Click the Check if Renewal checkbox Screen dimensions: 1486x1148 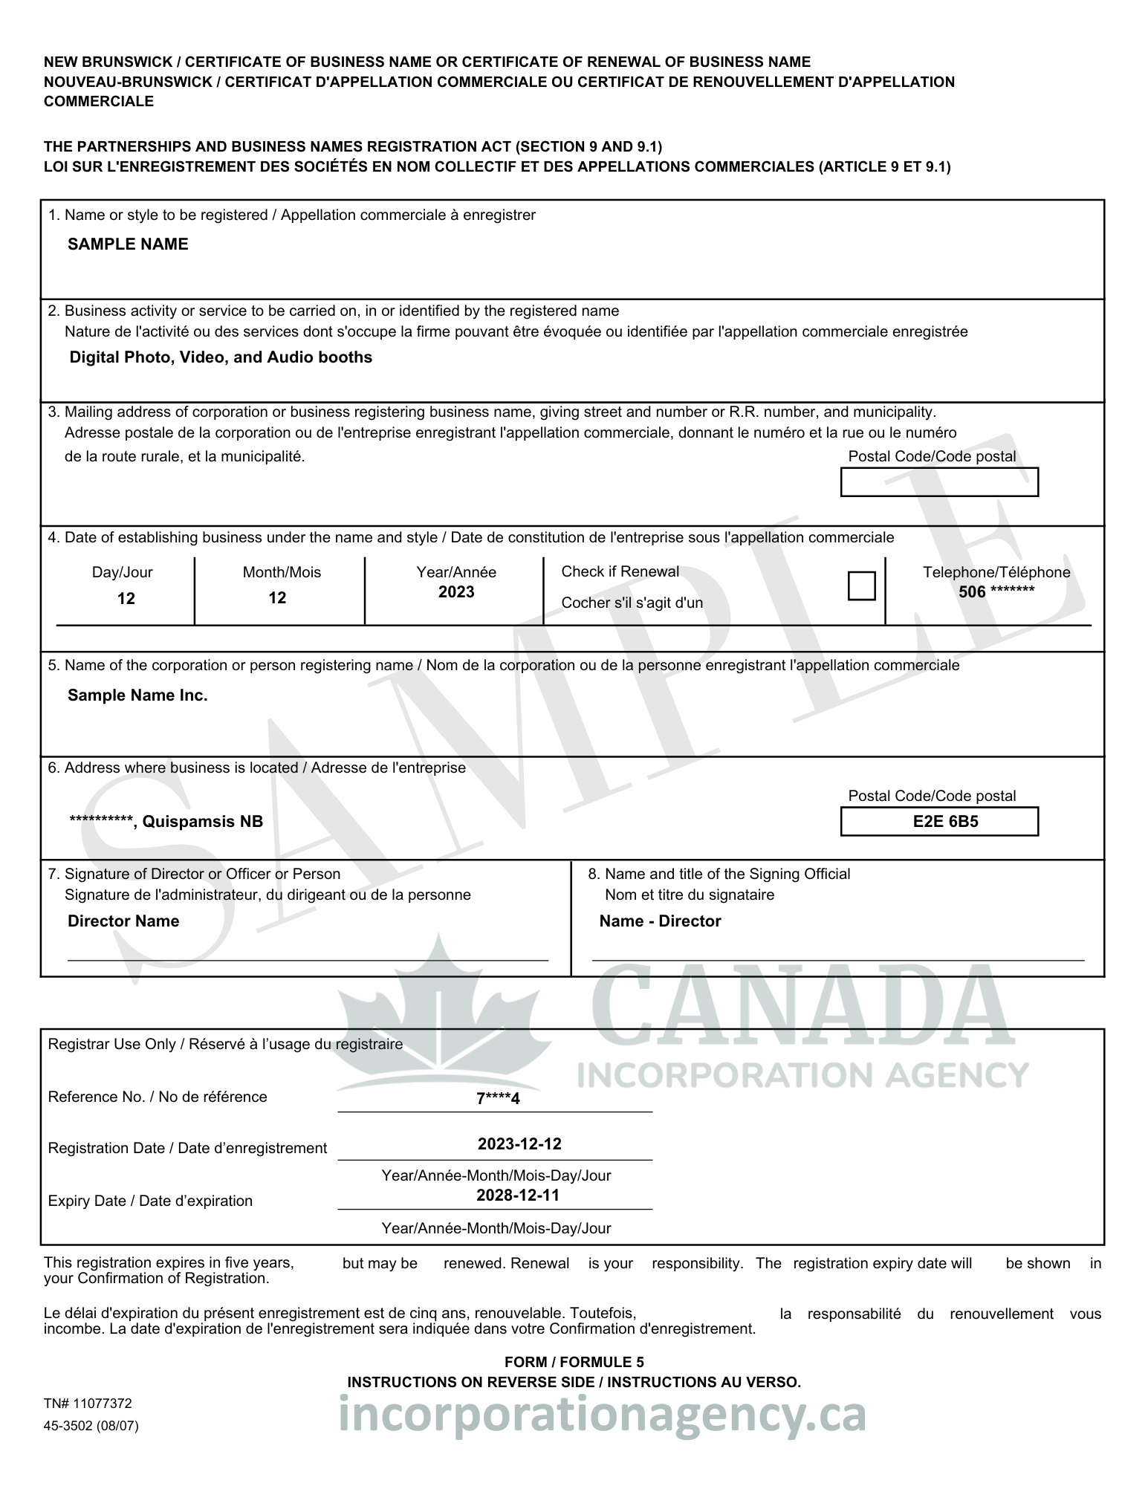[x=861, y=585]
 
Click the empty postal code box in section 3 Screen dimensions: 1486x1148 [x=939, y=482]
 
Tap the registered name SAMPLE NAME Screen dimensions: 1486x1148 [x=128, y=244]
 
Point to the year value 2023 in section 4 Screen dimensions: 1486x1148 [x=456, y=592]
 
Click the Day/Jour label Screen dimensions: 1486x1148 [x=123, y=572]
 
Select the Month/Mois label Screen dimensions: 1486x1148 [x=282, y=572]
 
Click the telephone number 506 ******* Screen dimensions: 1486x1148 [x=996, y=592]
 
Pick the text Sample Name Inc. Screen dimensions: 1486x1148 [x=137, y=695]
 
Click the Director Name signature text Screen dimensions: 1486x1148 [x=123, y=921]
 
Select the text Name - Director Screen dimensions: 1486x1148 [x=660, y=921]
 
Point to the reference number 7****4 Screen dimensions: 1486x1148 [x=498, y=1099]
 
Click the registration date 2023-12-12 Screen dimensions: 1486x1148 [x=519, y=1144]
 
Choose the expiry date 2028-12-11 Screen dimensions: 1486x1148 [x=518, y=1195]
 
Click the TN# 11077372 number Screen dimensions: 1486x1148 [x=88, y=1404]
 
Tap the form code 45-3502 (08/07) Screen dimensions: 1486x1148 [x=91, y=1426]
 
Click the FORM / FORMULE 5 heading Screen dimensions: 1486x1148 [x=574, y=1362]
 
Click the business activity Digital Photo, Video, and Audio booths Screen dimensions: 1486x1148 [x=221, y=357]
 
